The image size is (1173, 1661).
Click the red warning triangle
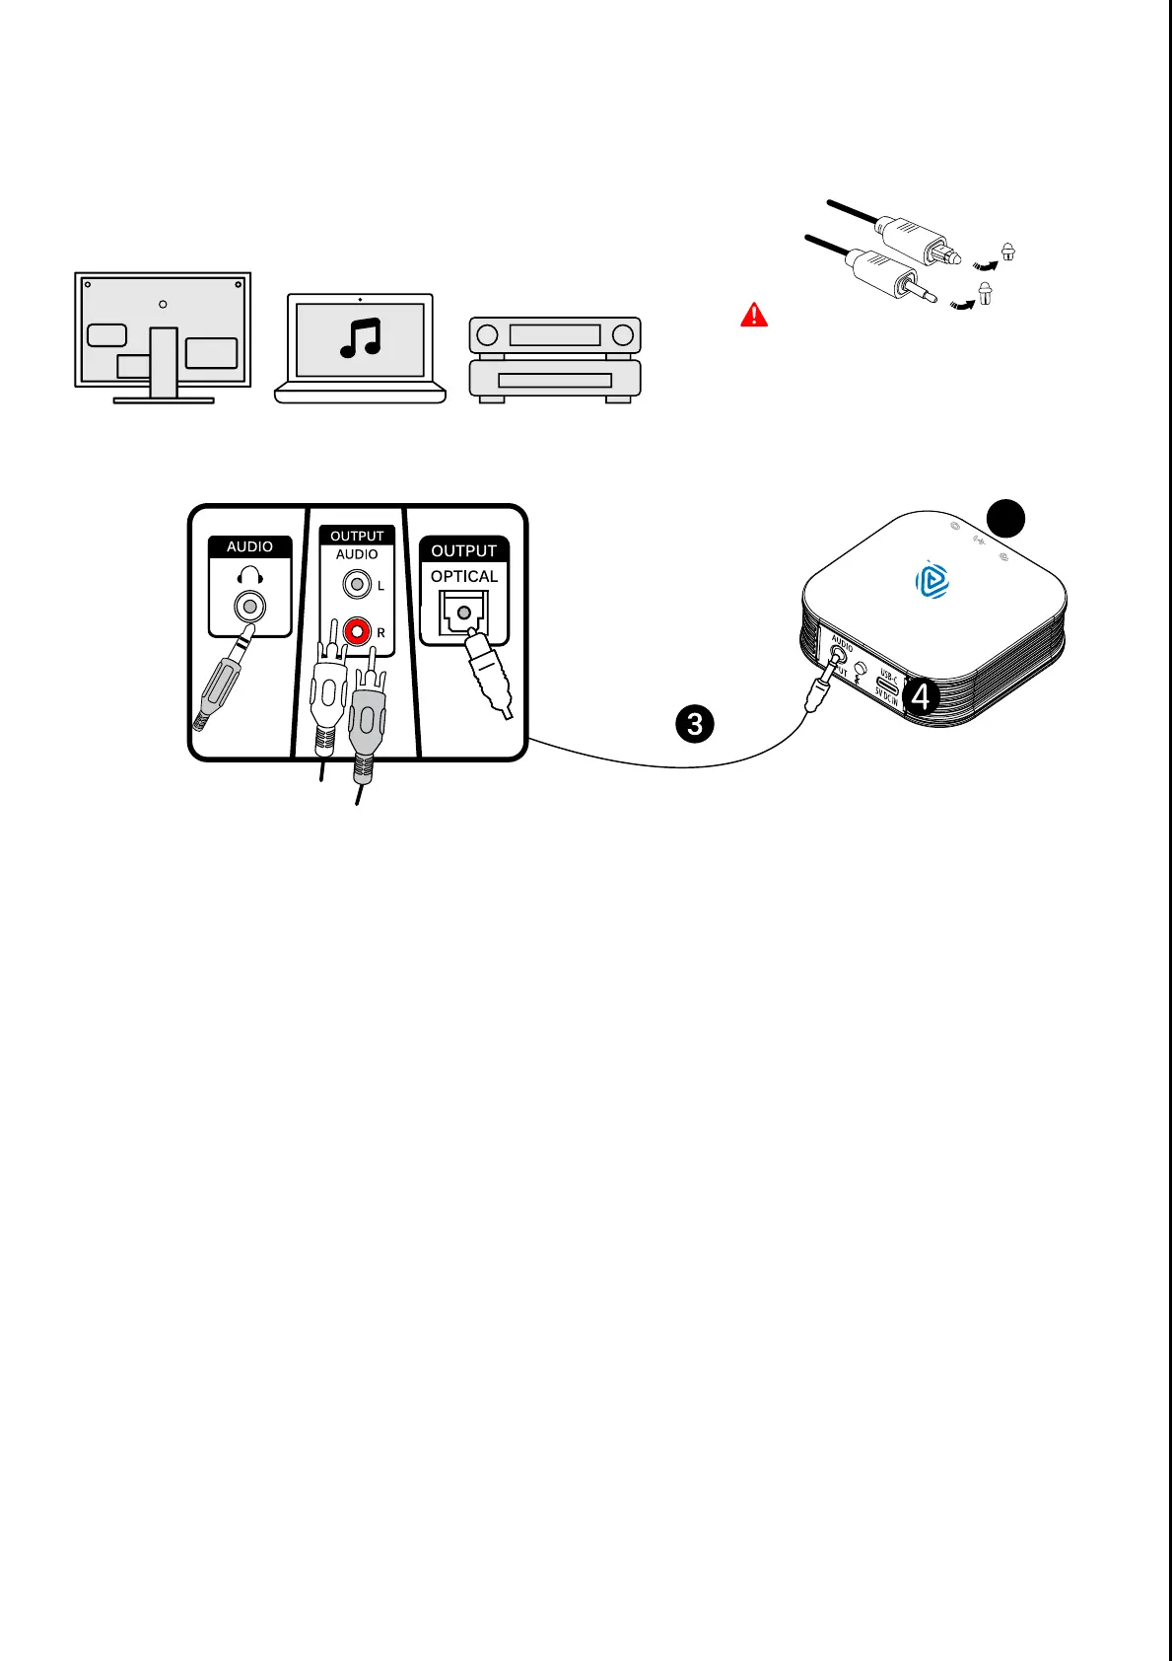754,315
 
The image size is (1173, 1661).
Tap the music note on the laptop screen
360,338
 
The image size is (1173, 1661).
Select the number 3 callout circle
695,725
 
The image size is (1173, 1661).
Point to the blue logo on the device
932,580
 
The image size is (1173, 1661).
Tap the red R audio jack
356,629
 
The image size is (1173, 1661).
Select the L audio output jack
356,585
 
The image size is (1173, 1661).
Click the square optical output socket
463,614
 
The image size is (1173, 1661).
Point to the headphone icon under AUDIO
249,575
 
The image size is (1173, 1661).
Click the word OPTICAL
464,576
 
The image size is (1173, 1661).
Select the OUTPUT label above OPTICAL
463,550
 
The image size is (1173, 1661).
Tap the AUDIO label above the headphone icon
249,546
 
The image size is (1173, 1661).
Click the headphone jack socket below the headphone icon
250,607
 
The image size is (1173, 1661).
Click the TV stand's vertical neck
164,362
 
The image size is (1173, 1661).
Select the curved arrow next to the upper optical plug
983,260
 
